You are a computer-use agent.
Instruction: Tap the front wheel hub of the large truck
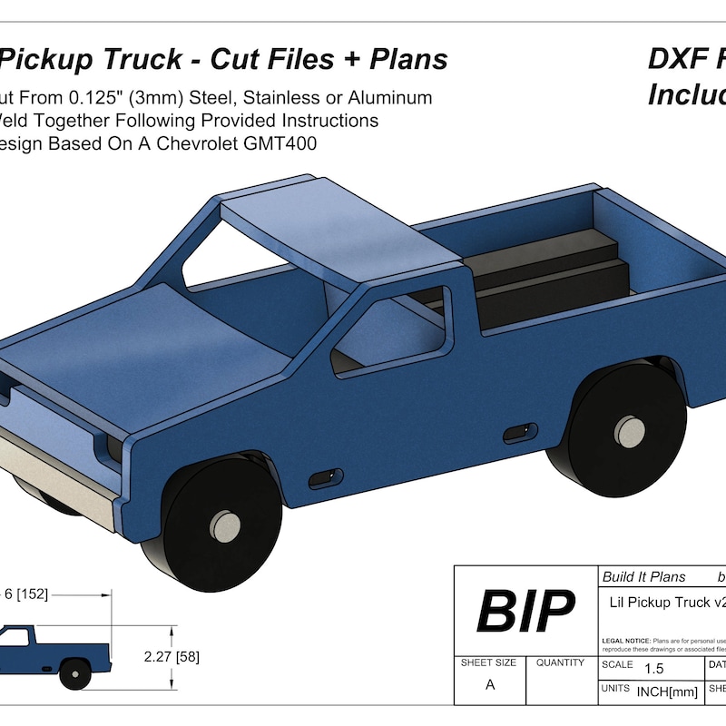click(x=224, y=524)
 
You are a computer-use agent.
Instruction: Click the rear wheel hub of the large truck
click(x=628, y=429)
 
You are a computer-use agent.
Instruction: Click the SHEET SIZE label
click(x=488, y=663)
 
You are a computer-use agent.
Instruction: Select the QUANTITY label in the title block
click(x=560, y=663)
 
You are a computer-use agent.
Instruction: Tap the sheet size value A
click(x=490, y=685)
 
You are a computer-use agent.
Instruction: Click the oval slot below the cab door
click(x=518, y=431)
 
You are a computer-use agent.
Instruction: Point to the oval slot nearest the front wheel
click(x=326, y=476)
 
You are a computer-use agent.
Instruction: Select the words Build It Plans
click(x=644, y=577)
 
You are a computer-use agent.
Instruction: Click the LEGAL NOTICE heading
click(x=626, y=641)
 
